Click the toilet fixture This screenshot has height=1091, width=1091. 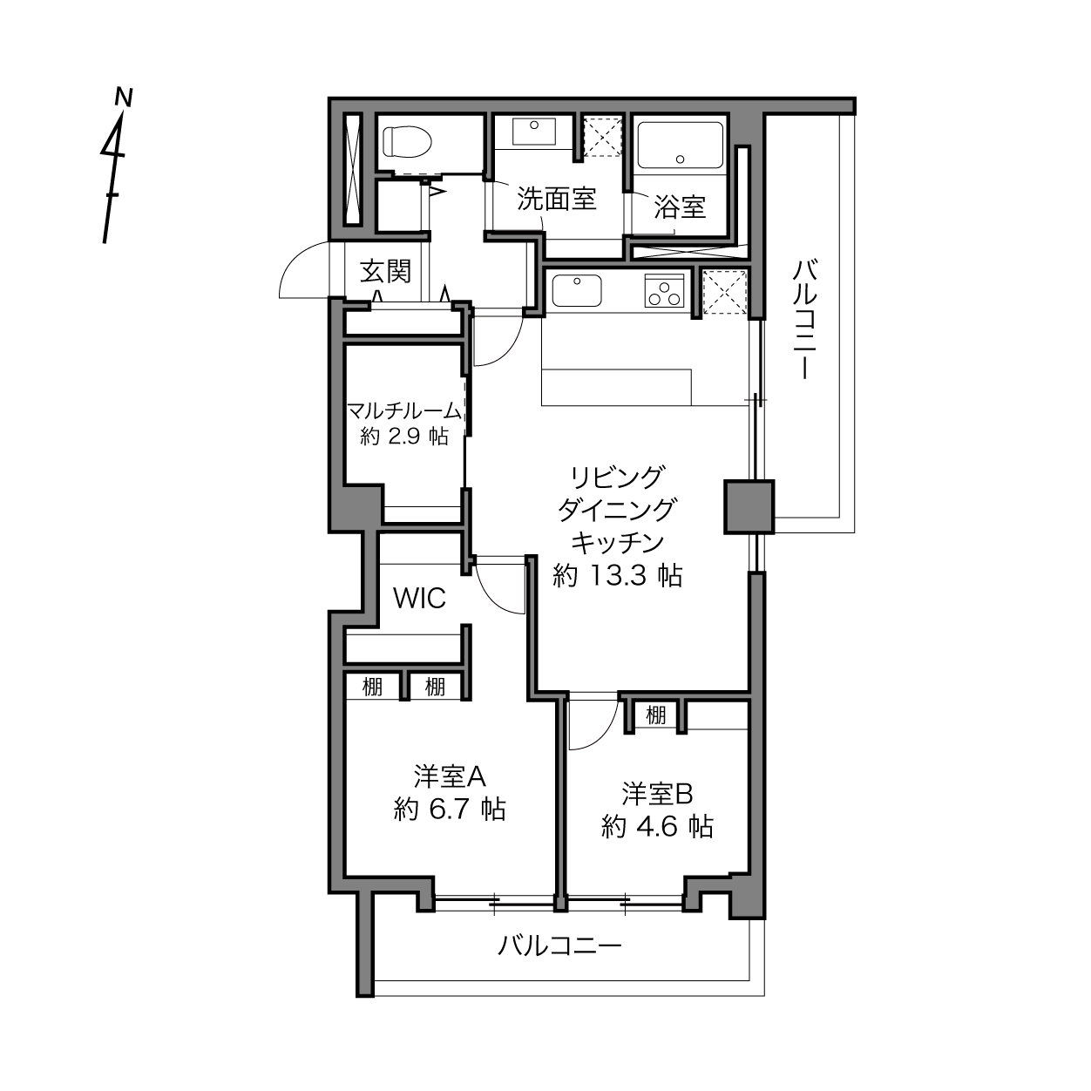tap(407, 141)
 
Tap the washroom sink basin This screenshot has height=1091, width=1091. tap(533, 132)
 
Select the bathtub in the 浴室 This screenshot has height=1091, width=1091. tap(680, 145)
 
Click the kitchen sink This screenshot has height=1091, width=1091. tap(576, 290)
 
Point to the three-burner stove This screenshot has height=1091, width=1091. tap(665, 290)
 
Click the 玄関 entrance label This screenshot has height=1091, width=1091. tap(385, 271)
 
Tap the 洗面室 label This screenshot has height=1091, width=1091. tap(557, 199)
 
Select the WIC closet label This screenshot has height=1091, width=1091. tap(419, 598)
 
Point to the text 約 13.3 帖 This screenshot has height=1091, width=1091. tap(617, 576)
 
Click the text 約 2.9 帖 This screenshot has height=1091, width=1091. tap(405, 436)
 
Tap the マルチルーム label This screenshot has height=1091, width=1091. tap(404, 410)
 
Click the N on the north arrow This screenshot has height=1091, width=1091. tap(124, 97)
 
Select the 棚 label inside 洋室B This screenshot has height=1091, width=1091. tap(655, 715)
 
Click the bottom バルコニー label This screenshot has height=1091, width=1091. tap(560, 945)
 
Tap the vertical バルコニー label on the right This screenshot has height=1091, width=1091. tap(804, 319)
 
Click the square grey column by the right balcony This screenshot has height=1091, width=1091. tap(749, 506)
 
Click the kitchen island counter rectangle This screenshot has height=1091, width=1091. tap(617, 387)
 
